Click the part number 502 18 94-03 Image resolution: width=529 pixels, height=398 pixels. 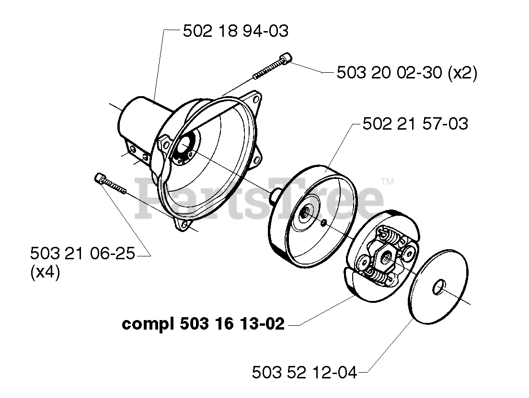click(x=236, y=32)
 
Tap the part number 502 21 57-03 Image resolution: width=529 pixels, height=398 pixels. click(x=415, y=124)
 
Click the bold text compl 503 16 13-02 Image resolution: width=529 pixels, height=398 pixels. click(x=203, y=324)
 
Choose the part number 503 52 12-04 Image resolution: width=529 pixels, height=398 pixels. click(x=304, y=372)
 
